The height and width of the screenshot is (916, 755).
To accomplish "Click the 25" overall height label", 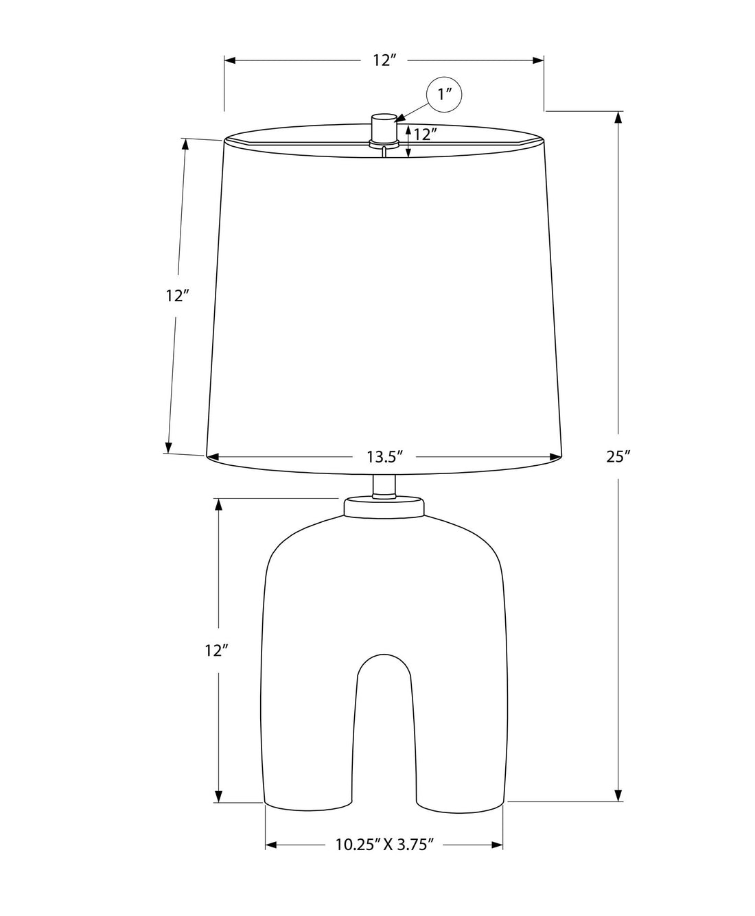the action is coord(618,457).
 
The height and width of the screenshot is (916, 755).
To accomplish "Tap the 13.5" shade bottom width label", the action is coord(384,457).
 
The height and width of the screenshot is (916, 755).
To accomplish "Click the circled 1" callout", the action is coord(444,94).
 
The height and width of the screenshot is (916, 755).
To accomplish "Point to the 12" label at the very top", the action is coord(385,60).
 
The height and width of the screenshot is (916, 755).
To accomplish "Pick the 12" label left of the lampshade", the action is coord(177,296).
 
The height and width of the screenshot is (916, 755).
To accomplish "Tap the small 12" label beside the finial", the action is coord(426,134).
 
